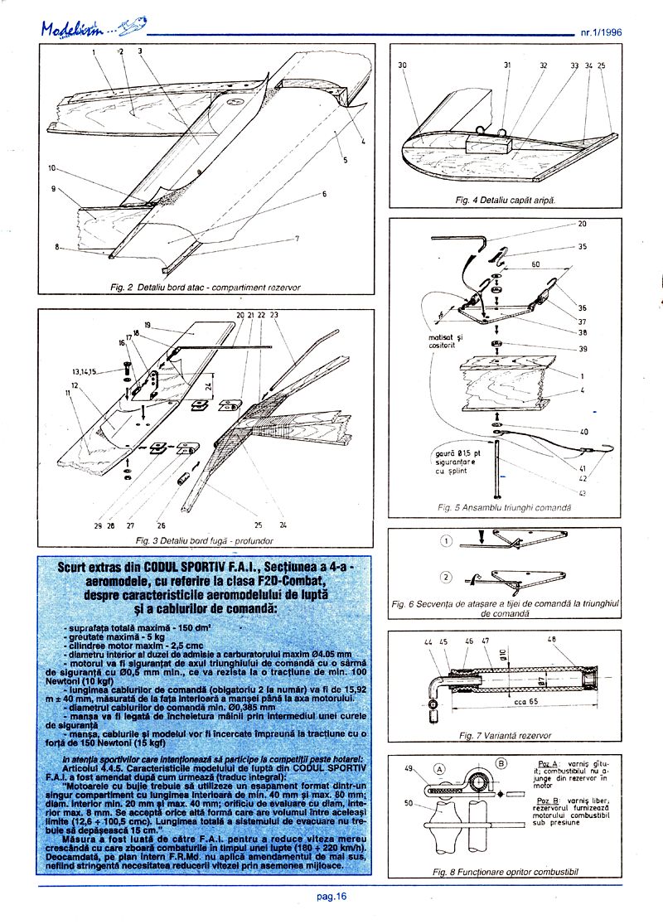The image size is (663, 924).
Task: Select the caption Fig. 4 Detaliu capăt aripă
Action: [x=506, y=201]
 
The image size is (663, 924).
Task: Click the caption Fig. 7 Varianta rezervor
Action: [x=505, y=735]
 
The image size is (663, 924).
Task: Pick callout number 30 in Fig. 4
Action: [x=402, y=64]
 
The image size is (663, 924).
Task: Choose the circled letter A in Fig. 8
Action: [x=438, y=767]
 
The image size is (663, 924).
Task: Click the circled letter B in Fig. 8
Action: [x=502, y=762]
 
